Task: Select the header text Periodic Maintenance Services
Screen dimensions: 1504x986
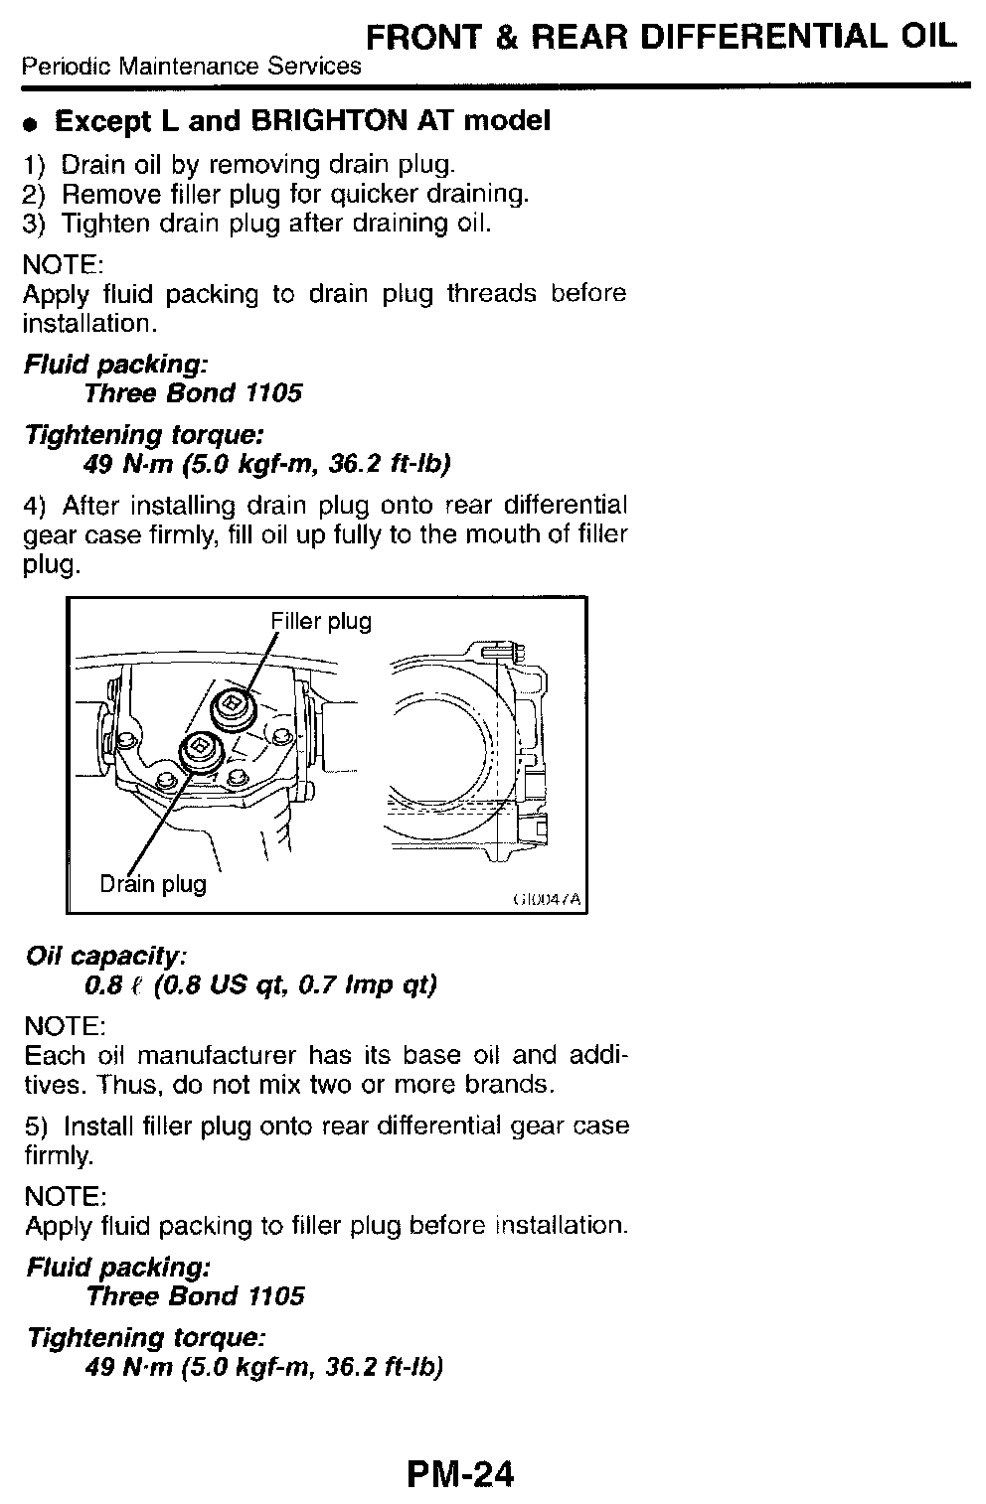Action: coord(192,68)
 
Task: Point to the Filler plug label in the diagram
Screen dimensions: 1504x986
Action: coord(321,622)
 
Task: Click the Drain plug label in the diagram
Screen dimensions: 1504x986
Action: coord(153,883)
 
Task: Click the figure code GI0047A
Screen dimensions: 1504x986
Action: coord(547,901)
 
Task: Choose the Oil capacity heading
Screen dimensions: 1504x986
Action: coord(105,956)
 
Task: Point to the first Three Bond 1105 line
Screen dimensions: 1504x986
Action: coord(193,393)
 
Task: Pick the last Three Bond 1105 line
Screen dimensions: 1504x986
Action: coord(195,1296)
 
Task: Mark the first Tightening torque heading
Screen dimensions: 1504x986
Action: coord(143,435)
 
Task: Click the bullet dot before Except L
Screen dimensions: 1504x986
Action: coord(32,124)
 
